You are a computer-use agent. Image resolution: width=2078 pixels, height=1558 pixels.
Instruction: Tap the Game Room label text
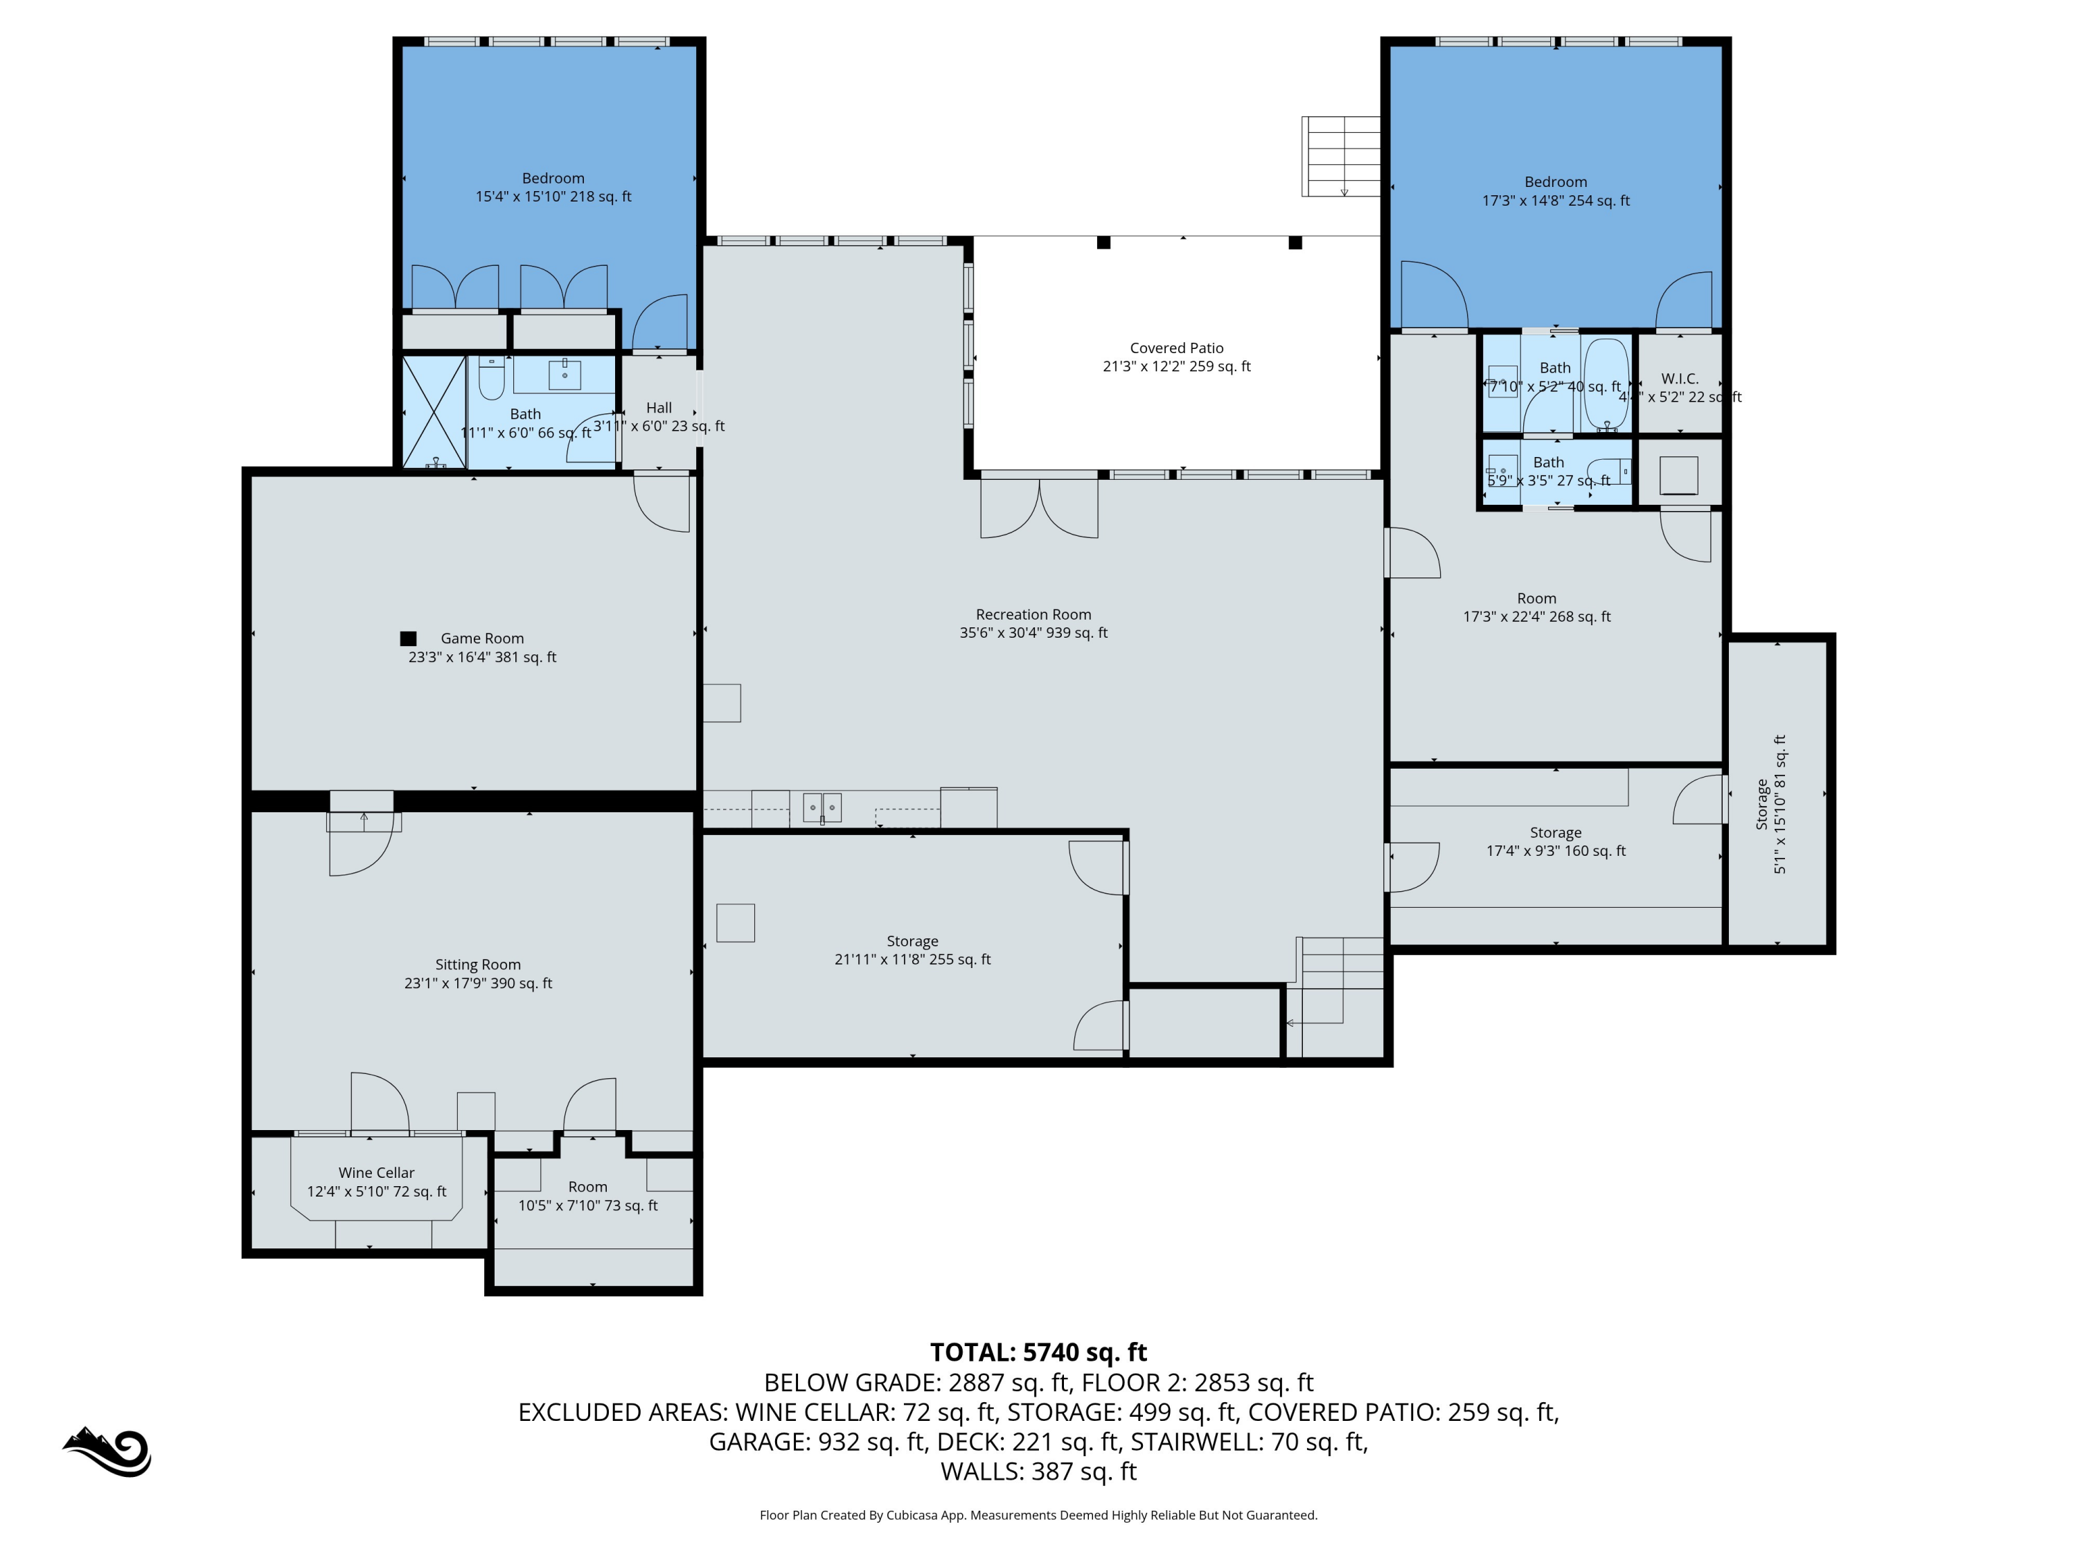(x=482, y=638)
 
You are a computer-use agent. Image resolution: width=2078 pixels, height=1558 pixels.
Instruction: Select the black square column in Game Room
(x=408, y=638)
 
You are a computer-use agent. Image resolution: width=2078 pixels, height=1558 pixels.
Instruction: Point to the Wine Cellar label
(x=375, y=1172)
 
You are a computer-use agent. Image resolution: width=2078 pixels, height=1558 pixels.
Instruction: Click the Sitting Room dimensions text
(x=478, y=983)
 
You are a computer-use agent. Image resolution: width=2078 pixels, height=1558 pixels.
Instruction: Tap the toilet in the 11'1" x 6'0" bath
(x=491, y=379)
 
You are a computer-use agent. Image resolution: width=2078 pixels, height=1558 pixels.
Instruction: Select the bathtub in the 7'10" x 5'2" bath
(x=1606, y=384)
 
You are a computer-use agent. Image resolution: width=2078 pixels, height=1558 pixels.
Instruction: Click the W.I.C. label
(x=1680, y=379)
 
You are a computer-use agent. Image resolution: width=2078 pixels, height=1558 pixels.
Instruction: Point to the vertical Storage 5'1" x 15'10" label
(x=1771, y=804)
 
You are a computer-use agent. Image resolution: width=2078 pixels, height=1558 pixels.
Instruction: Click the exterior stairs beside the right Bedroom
(x=1340, y=156)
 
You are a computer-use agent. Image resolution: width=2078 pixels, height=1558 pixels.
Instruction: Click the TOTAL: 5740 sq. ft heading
(x=1038, y=1352)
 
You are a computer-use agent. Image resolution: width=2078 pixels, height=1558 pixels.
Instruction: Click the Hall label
(x=659, y=408)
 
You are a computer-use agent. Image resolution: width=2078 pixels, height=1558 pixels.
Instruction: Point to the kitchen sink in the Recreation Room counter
(x=822, y=807)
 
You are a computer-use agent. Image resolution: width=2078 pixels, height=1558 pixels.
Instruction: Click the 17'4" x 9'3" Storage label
(x=1556, y=841)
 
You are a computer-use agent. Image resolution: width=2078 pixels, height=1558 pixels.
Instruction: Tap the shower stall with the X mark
(x=434, y=411)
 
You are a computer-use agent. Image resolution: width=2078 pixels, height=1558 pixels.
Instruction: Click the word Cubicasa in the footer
(x=907, y=1515)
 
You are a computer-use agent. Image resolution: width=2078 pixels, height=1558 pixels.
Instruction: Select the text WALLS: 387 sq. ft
(x=1038, y=1471)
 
